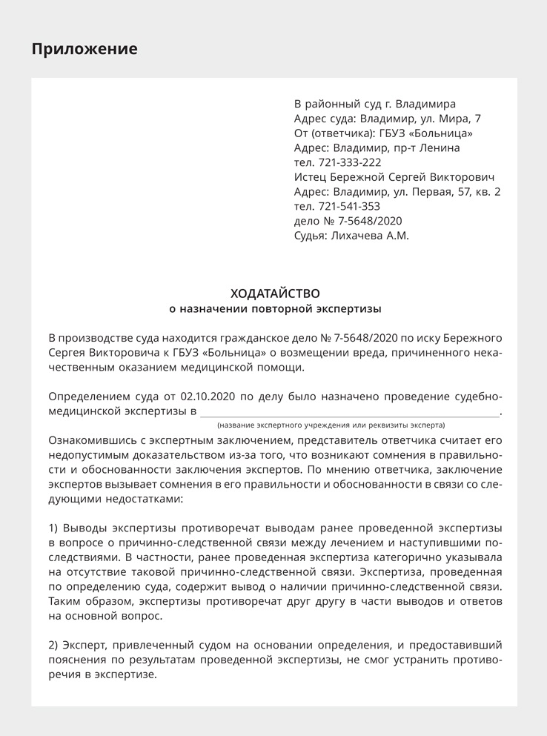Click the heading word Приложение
(x=84, y=50)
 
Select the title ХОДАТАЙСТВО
(x=275, y=294)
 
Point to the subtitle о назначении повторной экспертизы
(x=275, y=308)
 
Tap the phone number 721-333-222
(x=349, y=162)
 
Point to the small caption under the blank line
(x=331, y=425)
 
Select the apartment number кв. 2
(x=488, y=191)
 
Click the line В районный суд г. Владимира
(x=375, y=104)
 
